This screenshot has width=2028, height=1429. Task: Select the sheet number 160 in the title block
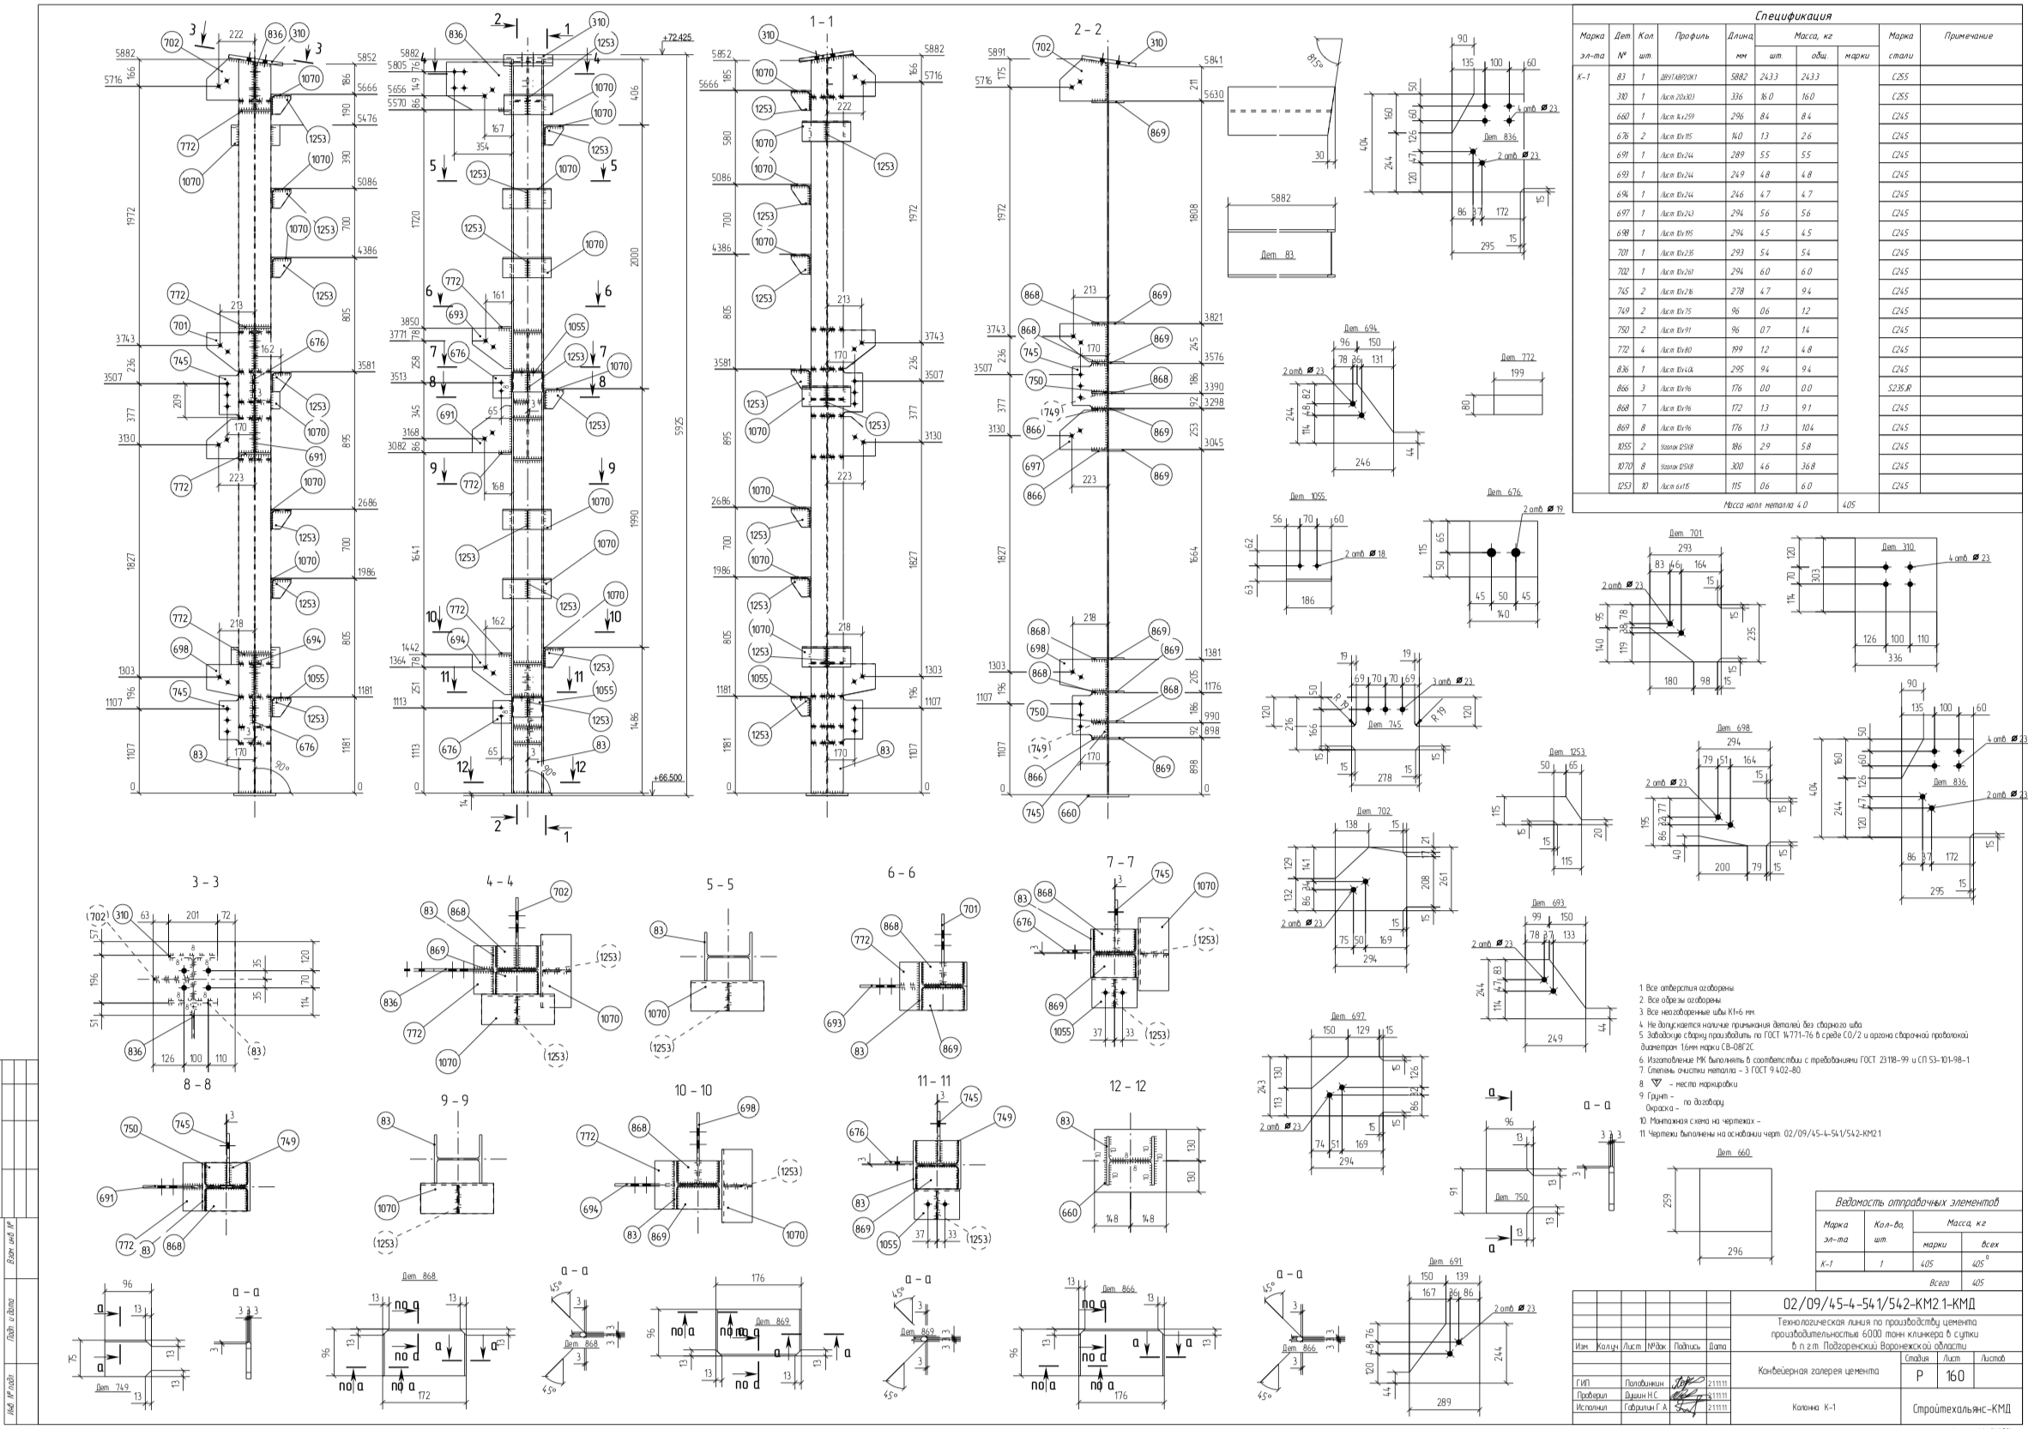click(1954, 1376)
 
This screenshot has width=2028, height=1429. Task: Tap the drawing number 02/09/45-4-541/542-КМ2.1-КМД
click(1879, 1304)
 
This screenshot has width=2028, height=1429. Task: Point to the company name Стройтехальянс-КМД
click(1960, 1408)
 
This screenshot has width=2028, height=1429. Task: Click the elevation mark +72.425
click(677, 38)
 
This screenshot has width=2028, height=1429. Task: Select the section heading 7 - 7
click(1120, 862)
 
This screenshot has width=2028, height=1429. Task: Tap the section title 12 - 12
click(1128, 1086)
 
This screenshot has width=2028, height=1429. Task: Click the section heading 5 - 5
click(720, 885)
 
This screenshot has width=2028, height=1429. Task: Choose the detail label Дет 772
click(1518, 358)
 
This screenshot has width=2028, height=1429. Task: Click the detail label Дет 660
click(1734, 1153)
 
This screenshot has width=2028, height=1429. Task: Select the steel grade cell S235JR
click(1900, 389)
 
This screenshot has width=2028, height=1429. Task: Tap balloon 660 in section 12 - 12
click(1070, 1213)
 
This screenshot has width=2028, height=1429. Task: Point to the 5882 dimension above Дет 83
click(1280, 198)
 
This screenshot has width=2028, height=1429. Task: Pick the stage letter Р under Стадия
click(1918, 1376)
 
